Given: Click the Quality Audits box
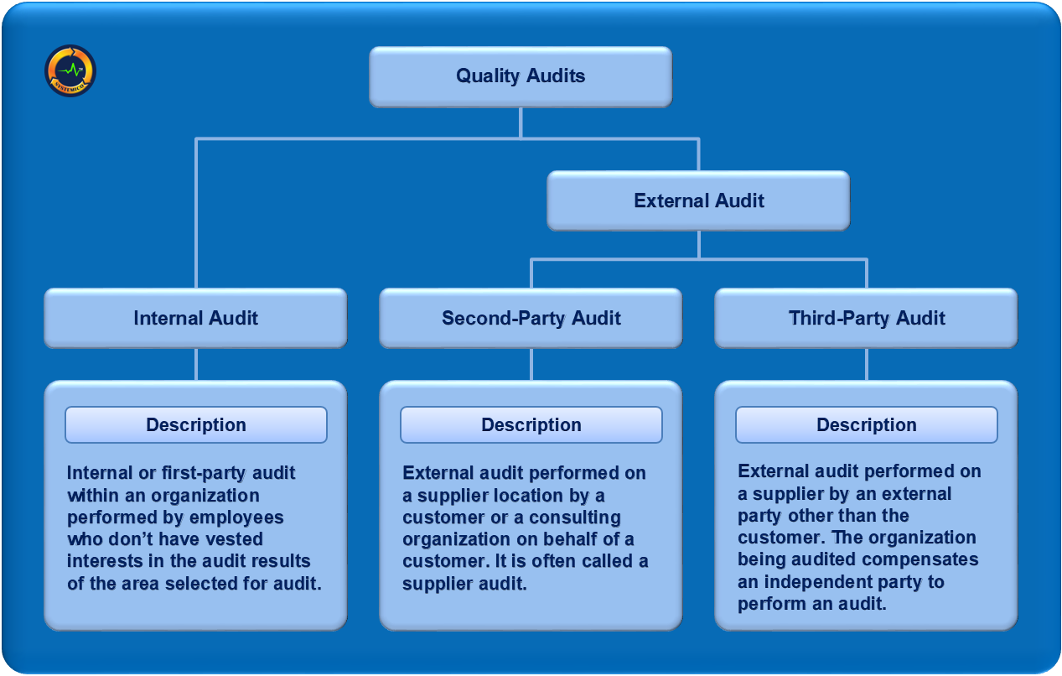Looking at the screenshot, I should coord(521,76).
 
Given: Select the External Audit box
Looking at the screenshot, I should coord(698,201).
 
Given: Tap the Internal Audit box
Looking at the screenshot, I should coord(195,319).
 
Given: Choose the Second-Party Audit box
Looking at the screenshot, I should coord(531,319).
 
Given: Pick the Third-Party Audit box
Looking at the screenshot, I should coord(866,319).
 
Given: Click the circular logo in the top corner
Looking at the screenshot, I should coord(70,71).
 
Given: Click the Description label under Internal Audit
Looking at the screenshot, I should coord(195,425).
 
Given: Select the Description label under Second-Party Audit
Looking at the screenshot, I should coord(531,425).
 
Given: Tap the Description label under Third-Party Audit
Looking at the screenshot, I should coord(866,425).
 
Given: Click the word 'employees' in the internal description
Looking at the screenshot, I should coord(236,517).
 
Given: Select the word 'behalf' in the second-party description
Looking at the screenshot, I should coord(574,538).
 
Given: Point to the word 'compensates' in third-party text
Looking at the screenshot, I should coord(930,559).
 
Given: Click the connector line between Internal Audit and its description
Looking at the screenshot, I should coord(196,364).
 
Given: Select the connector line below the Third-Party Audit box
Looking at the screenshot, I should coord(867,364).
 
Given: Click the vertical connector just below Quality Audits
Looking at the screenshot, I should coord(521,122).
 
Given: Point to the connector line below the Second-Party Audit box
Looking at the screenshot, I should coord(531,364).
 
